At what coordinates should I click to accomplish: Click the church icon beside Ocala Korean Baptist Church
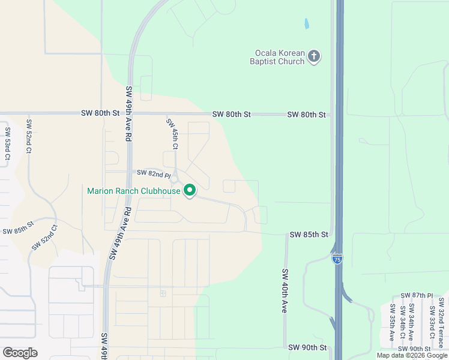point(313,57)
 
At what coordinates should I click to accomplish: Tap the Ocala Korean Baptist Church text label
point(278,57)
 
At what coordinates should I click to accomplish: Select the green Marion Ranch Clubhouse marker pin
point(190,191)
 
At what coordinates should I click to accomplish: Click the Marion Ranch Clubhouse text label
point(134,191)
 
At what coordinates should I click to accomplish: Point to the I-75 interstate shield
point(337,259)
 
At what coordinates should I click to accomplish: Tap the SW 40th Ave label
point(285,290)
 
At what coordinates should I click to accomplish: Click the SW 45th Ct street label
point(172,134)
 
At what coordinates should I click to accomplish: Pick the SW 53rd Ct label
point(7,143)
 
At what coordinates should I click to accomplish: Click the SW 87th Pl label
point(415,295)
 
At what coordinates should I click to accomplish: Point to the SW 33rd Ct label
point(431,322)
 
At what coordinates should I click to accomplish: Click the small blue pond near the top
point(306,24)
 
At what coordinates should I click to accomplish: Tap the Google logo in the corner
point(20,353)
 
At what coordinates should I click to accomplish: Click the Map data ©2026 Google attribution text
point(412,355)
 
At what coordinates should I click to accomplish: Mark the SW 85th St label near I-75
point(309,234)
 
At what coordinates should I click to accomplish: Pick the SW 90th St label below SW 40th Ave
point(307,347)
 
